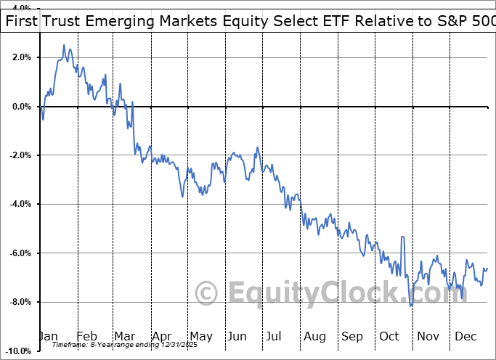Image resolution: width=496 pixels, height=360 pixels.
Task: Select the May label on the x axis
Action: tap(201, 336)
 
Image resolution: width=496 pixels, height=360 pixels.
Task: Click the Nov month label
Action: tap(428, 336)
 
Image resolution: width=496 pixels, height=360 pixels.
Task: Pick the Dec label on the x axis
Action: tap(465, 336)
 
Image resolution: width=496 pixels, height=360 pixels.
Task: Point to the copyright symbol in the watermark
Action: tap(207, 293)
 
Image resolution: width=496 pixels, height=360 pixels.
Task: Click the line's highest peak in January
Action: tap(64, 45)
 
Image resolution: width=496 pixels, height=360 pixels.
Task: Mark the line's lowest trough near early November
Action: tap(411, 306)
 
